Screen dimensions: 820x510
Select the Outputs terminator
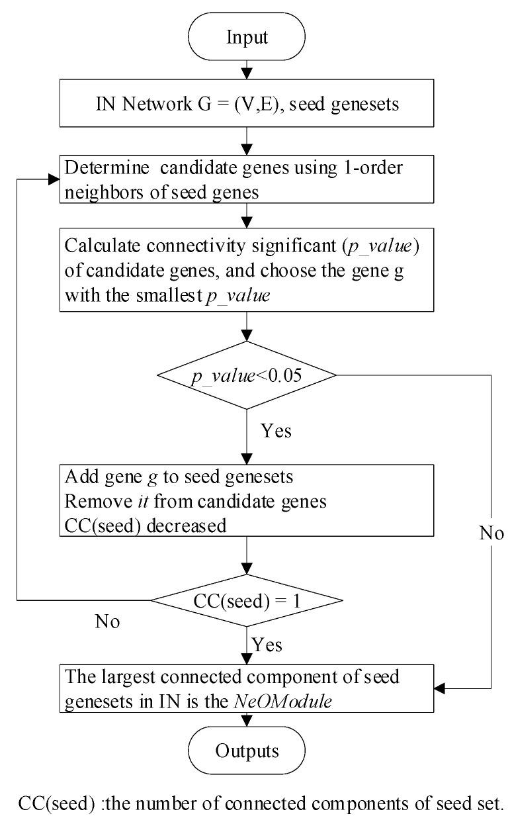[246, 752]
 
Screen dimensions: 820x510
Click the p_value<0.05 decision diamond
[246, 375]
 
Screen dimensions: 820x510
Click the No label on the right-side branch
[491, 533]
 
